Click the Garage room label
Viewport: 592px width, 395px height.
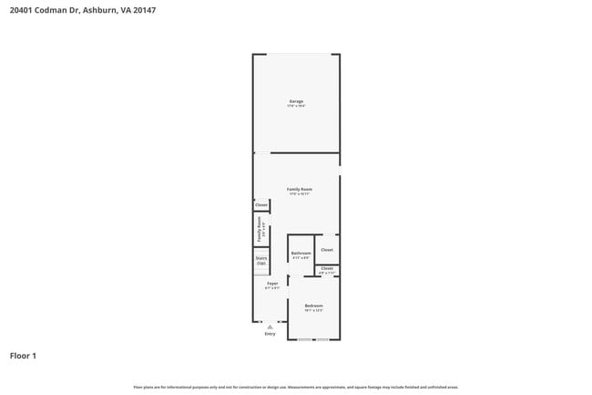(296, 100)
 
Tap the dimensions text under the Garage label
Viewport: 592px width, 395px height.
(296, 107)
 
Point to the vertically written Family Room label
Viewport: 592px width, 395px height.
(260, 228)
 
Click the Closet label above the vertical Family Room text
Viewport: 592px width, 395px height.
(261, 205)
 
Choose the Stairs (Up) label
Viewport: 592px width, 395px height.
(261, 260)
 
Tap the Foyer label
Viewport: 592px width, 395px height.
(272, 284)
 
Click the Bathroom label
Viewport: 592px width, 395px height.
(301, 253)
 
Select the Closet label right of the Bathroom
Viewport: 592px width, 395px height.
(327, 249)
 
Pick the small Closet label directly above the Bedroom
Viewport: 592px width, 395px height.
(327, 268)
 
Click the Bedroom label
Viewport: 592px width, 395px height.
(313, 306)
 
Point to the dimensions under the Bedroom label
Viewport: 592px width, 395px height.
(313, 311)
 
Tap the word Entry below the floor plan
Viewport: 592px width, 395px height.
(270, 334)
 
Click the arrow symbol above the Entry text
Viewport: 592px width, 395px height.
(270, 326)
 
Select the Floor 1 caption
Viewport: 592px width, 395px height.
(24, 355)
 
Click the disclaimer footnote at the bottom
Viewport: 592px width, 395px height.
(296, 387)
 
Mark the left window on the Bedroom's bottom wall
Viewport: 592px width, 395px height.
(305, 340)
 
